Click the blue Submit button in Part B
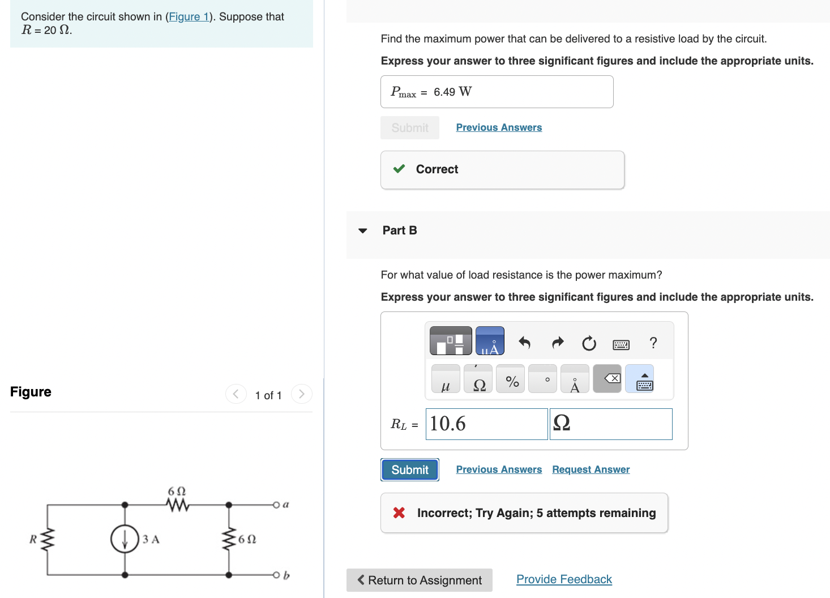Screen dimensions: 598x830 (x=409, y=470)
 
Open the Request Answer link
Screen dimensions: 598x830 (x=591, y=469)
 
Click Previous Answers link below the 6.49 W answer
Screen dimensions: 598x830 (x=499, y=127)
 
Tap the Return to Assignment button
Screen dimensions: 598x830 (x=420, y=580)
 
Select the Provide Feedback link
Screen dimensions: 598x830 (x=564, y=579)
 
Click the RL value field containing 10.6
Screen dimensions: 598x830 (x=486, y=424)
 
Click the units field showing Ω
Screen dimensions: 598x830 (x=611, y=424)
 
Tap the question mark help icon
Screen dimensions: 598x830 (x=653, y=343)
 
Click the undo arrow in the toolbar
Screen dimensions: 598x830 (x=524, y=343)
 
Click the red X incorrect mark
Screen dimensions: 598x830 (x=399, y=512)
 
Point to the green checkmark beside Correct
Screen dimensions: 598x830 (x=399, y=169)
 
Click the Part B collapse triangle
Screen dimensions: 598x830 (x=363, y=230)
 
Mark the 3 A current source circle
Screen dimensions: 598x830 (x=125, y=539)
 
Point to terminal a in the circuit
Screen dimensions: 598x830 (x=276, y=504)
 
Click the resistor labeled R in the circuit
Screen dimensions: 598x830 (x=48, y=539)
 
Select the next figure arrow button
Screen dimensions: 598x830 (x=301, y=394)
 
